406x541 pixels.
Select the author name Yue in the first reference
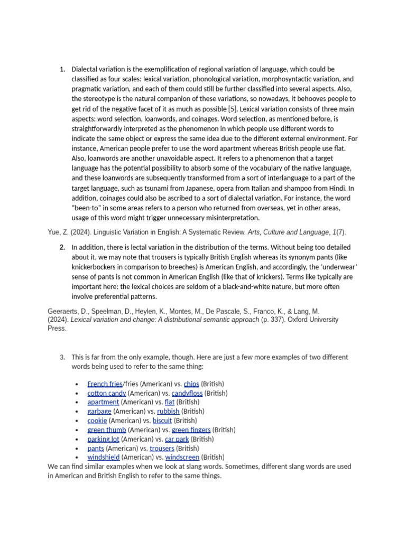(54, 232)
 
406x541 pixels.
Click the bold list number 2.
(62, 247)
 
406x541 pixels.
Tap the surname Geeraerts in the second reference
(64, 312)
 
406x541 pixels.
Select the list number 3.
(62, 357)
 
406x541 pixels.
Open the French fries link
(105, 384)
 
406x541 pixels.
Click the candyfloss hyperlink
(187, 393)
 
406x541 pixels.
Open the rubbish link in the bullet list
(168, 411)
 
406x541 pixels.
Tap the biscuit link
(162, 421)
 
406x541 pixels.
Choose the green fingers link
(191, 430)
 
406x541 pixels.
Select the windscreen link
(182, 457)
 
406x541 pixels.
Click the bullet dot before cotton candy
(77, 394)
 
